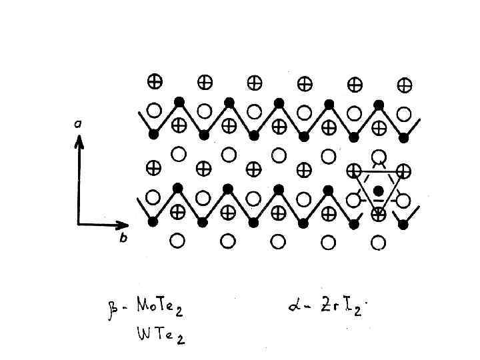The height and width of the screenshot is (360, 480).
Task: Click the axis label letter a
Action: point(79,123)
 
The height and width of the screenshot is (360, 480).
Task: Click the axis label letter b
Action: point(122,239)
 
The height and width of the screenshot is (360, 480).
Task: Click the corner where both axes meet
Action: point(79,224)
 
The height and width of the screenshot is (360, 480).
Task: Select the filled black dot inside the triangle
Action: point(379,191)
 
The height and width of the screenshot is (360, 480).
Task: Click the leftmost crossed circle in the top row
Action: point(154,82)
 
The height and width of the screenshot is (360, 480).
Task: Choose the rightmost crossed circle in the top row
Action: point(404,85)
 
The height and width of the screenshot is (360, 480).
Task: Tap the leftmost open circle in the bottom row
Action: point(178,240)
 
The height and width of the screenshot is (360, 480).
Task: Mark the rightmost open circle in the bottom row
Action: point(378,242)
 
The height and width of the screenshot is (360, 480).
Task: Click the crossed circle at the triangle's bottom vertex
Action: point(378,214)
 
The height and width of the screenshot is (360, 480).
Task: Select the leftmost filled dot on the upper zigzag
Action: point(154,134)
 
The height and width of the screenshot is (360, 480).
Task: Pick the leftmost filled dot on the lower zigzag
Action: point(153,222)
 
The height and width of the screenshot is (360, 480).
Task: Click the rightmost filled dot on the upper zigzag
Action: point(403,137)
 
